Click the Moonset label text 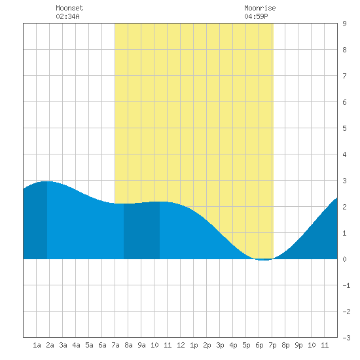click(69, 8)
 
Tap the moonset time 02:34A click(67, 16)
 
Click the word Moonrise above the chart click(260, 8)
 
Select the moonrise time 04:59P click(256, 16)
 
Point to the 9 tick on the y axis click(344, 24)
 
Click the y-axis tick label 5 click(344, 128)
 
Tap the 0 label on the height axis click(344, 259)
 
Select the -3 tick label click(346, 338)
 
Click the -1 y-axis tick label click(346, 285)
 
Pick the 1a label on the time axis click(37, 345)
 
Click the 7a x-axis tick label click(115, 345)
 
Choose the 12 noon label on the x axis click(181, 345)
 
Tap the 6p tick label click(259, 345)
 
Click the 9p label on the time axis click(298, 345)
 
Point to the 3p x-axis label click(220, 345)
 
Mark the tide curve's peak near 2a click(47, 181)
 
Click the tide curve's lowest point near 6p click(264, 260)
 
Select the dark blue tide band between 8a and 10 click(141, 230)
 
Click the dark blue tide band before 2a click(35, 221)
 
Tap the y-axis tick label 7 click(344, 76)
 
